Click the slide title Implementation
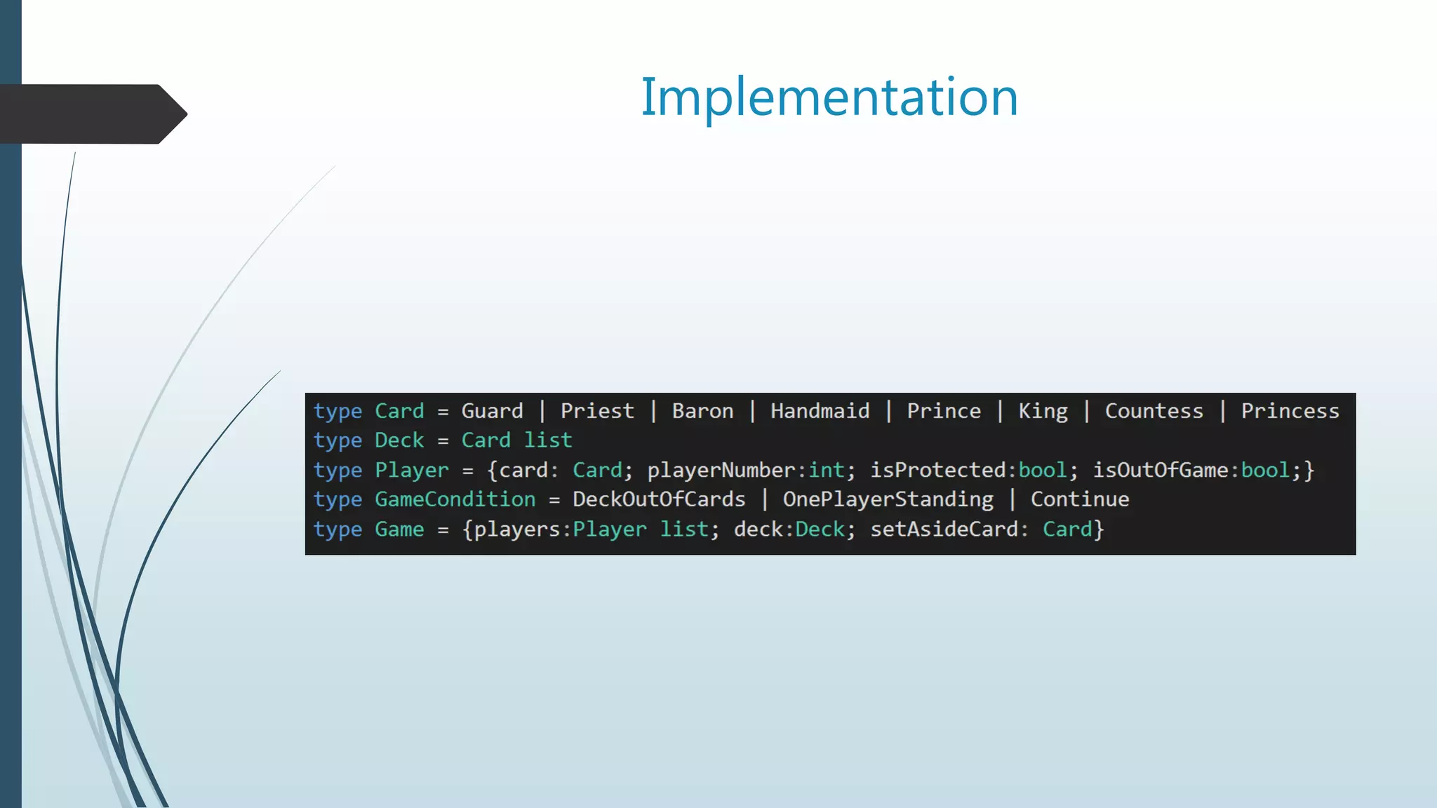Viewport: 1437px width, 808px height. pos(829,97)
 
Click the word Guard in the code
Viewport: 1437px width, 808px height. pos(492,411)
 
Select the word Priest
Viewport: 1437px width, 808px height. pos(597,411)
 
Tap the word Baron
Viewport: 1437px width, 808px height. pos(702,411)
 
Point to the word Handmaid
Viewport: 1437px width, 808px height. pos(820,411)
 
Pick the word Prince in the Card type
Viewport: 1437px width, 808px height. pos(944,411)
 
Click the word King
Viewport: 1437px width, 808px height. pos(1043,411)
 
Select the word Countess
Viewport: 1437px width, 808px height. pos(1154,411)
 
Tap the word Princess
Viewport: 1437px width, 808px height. pos(1290,411)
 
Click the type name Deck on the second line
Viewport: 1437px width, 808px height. pos(399,440)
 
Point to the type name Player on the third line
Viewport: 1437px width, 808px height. pos(411,471)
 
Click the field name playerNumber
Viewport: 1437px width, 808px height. pos(721,471)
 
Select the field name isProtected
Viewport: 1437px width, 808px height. pos(938,471)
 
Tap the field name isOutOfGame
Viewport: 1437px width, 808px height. pos(1161,471)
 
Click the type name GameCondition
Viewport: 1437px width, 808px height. pos(455,499)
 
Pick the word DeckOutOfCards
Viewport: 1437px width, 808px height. pos(659,499)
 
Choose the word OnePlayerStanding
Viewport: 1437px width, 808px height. pos(888,499)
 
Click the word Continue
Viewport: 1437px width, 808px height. pos(1080,499)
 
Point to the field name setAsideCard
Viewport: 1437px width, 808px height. pos(944,530)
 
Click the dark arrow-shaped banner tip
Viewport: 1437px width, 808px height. pos(172,114)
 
